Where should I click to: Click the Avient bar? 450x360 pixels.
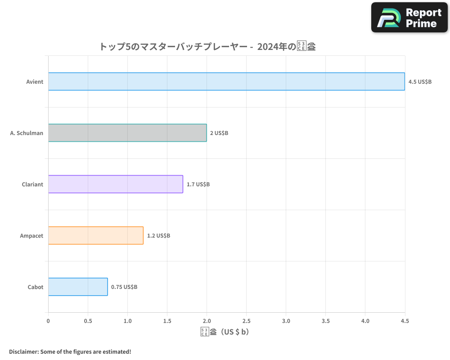coord(226,81)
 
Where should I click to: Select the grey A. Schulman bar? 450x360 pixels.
coord(127,133)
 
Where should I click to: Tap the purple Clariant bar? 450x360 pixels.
coord(115,184)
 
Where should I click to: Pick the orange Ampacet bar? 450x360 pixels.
coord(95,235)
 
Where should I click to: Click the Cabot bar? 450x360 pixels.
coord(78,287)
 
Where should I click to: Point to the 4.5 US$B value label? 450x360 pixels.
coord(420,82)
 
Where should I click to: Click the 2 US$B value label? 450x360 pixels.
coord(219,133)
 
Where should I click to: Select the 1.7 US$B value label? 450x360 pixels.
coord(198,184)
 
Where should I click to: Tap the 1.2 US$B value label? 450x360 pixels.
coord(158,236)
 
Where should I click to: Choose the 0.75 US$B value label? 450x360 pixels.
coord(124,287)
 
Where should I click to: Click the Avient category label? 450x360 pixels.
coord(35,82)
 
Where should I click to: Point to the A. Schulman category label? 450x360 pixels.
coord(27,133)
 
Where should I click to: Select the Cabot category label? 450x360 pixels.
coord(36,287)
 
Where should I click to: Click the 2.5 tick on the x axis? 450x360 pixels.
coord(246,321)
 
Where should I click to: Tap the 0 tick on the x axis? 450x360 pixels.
coord(48,321)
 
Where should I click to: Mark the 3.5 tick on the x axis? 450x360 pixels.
coord(325,321)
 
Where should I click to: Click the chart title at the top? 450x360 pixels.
coord(207,46)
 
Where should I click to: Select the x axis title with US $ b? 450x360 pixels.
coord(225,332)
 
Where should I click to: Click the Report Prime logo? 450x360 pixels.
coord(409,18)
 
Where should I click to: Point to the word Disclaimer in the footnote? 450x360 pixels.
coord(23,351)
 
